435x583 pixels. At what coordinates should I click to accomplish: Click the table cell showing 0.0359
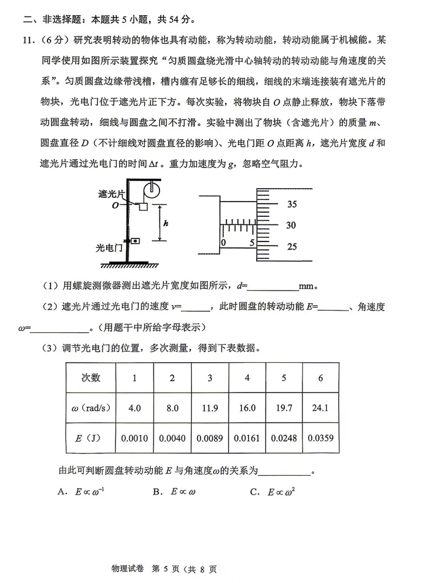pyautogui.click(x=320, y=437)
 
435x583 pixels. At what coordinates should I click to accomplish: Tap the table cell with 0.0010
pyautogui.click(x=134, y=437)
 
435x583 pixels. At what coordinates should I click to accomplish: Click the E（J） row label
pyautogui.click(x=91, y=437)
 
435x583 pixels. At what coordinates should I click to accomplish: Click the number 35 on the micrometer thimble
pyautogui.click(x=292, y=204)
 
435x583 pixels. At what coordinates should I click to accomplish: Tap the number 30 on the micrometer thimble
pyautogui.click(x=291, y=226)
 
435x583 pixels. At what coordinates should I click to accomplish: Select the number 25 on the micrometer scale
pyautogui.click(x=292, y=247)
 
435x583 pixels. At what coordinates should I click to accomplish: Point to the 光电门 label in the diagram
pyautogui.click(x=110, y=248)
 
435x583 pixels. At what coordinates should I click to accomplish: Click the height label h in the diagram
pyautogui.click(x=166, y=223)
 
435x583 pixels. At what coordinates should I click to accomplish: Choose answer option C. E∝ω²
pyautogui.click(x=272, y=492)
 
